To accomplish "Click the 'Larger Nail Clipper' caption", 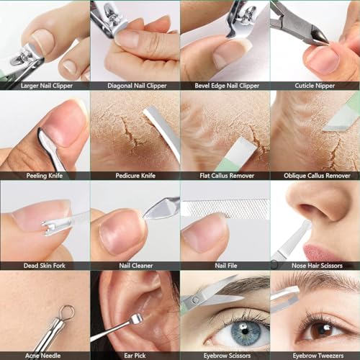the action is coord(47,86).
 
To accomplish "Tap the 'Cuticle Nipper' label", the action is coord(315,86).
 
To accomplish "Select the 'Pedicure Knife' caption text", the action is coord(135,176).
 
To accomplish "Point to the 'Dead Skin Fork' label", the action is coord(45,266).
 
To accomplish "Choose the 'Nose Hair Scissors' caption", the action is coord(317,266).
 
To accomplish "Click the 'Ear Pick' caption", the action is coord(135,356).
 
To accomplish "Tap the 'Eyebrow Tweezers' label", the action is coord(318,356).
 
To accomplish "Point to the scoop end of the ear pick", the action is coord(136,318).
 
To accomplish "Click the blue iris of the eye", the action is coord(246,331).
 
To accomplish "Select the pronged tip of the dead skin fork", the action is coord(47,228).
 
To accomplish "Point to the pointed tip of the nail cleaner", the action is coord(145,217).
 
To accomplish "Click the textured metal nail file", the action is coord(225,208).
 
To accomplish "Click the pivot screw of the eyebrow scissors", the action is coord(195,300).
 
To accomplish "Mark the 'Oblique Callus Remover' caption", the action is coord(317,176).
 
